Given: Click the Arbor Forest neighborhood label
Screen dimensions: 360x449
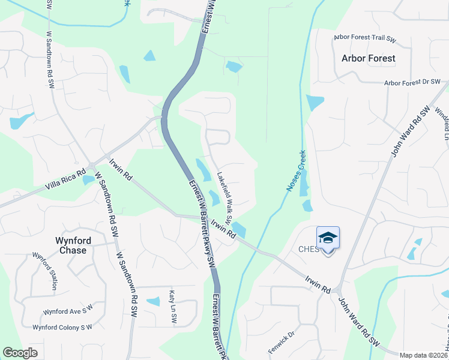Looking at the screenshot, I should point(368,58).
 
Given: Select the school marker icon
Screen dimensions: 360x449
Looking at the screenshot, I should point(328,238).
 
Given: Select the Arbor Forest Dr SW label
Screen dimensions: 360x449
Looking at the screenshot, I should point(412,83).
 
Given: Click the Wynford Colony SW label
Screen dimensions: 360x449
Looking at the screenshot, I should point(62,327).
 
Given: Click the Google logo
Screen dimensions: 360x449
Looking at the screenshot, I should point(20,353).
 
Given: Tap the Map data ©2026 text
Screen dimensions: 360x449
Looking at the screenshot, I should point(423,355).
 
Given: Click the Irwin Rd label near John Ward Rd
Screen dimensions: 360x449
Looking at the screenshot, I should point(318,284).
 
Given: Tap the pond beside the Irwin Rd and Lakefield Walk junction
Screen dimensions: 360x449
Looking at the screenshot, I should point(239,229).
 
